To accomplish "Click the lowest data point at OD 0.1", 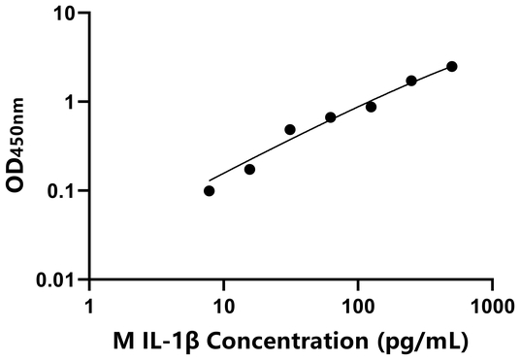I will [210, 191].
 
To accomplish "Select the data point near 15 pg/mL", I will [249, 170].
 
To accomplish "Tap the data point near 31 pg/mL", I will [290, 129].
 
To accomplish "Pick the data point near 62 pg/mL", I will [331, 117].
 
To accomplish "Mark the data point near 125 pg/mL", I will [371, 107].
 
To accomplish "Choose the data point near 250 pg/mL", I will [411, 81].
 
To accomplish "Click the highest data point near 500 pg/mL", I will [452, 66].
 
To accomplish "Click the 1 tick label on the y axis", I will [72, 102].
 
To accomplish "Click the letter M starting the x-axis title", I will [124, 341].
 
